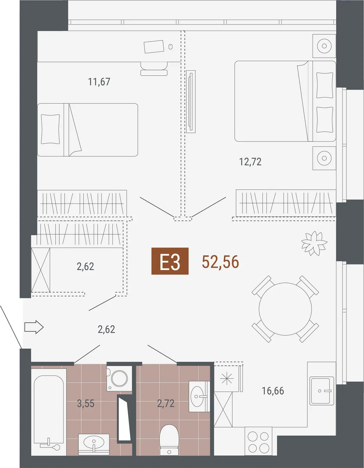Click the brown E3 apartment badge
170,261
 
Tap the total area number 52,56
220,262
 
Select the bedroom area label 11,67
99,82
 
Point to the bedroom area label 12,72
250,162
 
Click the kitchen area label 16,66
273,391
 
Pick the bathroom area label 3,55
86,403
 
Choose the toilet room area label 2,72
166,403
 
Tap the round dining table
285,309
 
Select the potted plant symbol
314,243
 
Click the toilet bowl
169,440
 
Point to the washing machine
119,378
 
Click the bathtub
49,412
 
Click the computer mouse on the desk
171,47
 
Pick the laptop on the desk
154,46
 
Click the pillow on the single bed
50,129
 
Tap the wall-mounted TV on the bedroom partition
191,102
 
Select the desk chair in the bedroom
154,69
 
